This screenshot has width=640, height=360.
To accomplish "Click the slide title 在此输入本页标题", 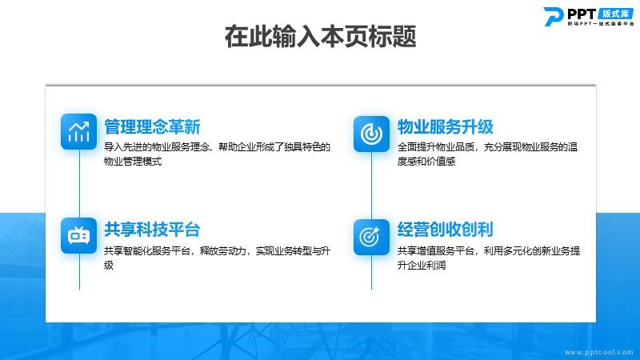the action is [321, 36].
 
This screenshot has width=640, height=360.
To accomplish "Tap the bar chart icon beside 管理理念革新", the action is [78, 131].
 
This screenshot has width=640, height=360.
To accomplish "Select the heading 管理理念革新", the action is [152, 126].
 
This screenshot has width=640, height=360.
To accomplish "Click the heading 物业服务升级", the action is [446, 126].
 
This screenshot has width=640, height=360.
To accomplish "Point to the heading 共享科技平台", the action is [152, 230].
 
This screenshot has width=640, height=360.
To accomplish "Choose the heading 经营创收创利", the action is [446, 230].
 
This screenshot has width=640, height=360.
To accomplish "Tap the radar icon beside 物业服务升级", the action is [371, 134].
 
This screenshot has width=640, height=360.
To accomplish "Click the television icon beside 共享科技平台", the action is [78, 235].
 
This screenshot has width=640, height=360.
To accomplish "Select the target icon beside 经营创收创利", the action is [371, 237].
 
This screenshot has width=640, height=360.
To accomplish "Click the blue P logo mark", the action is [554, 16].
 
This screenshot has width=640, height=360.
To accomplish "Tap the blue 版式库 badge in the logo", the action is [615, 14].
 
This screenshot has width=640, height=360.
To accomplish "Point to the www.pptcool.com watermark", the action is [598, 352].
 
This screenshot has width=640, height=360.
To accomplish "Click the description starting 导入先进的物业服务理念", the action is [217, 154].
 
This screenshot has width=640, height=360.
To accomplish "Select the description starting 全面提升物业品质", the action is [487, 154].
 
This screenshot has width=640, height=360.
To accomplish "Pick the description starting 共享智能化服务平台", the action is [217, 258].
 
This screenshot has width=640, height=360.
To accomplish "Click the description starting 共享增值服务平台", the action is [489, 258].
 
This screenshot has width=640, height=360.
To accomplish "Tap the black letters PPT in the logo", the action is [582, 14].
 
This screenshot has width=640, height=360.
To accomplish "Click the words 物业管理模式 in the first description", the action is [133, 162].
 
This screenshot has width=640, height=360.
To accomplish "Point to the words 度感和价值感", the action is [426, 162].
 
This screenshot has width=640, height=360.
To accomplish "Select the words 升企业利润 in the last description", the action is [422, 266].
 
